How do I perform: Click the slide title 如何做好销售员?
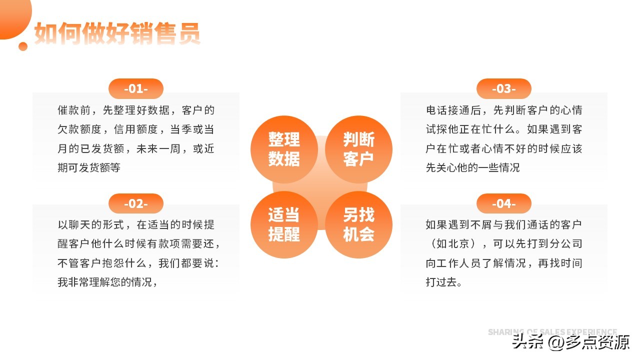[x=117, y=33]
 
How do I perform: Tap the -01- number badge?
[x=136, y=89]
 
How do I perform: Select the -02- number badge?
[x=136, y=203]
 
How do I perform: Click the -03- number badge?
[x=503, y=89]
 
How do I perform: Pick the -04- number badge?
[x=503, y=203]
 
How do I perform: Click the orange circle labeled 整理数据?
[x=284, y=149]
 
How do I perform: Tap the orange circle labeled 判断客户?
[x=358, y=149]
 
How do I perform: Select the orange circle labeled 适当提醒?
[x=284, y=224]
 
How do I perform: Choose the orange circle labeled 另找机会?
[x=358, y=224]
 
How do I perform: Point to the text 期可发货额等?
[x=89, y=168]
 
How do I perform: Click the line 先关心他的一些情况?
[x=472, y=168]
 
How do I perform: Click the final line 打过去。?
[x=443, y=282]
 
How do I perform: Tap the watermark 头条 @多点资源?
[x=570, y=342]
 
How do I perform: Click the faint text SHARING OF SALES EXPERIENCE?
[x=552, y=332]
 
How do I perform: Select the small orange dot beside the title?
[x=23, y=46]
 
